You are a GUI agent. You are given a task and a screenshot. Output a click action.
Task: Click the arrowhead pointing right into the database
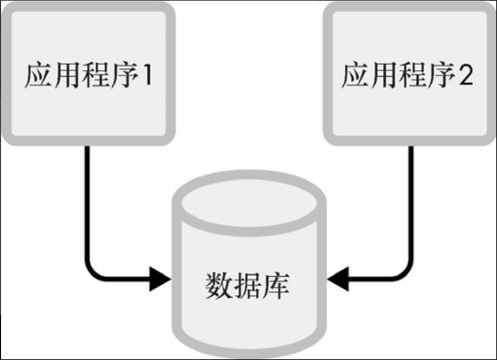(160, 278)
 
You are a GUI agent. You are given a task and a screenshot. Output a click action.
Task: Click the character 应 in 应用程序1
(37, 76)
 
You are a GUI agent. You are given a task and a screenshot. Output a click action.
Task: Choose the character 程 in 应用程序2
(411, 76)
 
